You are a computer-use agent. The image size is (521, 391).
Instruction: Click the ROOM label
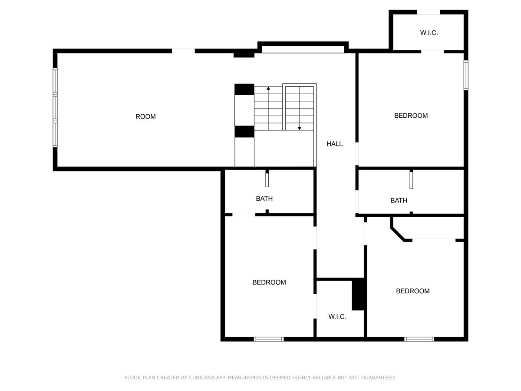pyautogui.click(x=145, y=116)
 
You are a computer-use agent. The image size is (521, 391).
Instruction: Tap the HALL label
pyautogui.click(x=334, y=144)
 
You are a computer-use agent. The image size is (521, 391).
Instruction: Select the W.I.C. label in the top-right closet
pyautogui.click(x=429, y=33)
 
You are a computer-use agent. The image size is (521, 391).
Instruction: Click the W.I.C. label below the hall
pyautogui.click(x=337, y=316)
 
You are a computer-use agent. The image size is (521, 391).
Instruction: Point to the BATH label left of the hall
pyautogui.click(x=264, y=199)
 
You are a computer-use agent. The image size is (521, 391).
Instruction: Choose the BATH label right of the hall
pyautogui.click(x=399, y=201)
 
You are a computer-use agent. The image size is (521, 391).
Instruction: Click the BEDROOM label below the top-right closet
pyautogui.click(x=411, y=116)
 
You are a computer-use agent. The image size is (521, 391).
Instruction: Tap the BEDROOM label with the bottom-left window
pyautogui.click(x=269, y=282)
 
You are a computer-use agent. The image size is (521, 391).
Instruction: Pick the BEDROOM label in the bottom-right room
pyautogui.click(x=412, y=291)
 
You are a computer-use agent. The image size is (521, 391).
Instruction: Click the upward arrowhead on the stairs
pyautogui.click(x=268, y=88)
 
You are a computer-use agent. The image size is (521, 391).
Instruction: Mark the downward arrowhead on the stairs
pyautogui.click(x=299, y=129)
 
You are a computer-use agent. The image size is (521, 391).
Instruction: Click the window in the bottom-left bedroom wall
pyautogui.click(x=268, y=339)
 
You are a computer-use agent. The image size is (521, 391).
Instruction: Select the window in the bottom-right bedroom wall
pyautogui.click(x=419, y=339)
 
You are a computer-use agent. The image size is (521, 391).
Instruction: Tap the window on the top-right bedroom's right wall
pyautogui.click(x=466, y=75)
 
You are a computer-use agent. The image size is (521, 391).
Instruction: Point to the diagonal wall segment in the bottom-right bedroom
pyautogui.click(x=397, y=235)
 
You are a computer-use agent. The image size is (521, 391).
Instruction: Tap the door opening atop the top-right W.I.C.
pyautogui.click(x=428, y=12)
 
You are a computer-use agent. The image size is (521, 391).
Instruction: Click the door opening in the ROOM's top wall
pyautogui.click(x=183, y=51)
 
